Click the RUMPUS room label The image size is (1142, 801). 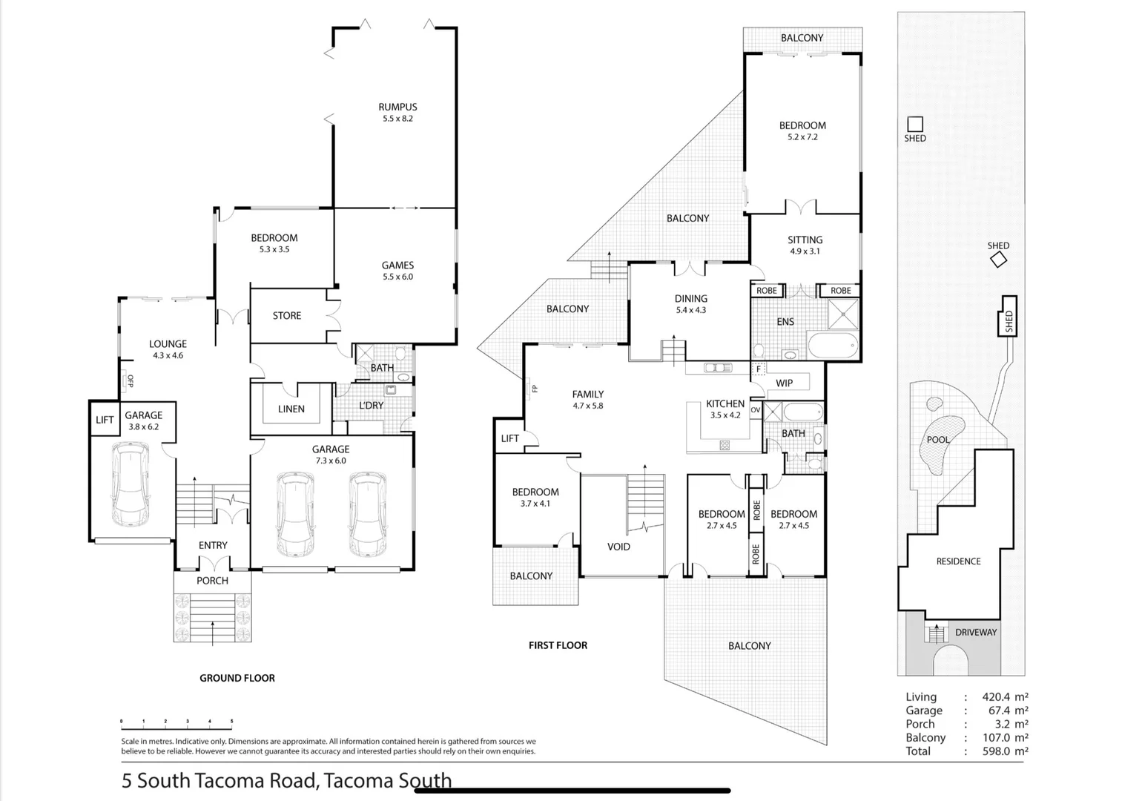397,107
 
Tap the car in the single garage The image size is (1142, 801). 131,484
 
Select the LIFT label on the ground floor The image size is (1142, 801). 105,420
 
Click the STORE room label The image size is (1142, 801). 286,316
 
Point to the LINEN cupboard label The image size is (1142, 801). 291,409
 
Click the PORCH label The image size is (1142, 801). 212,581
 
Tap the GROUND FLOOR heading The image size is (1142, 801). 237,678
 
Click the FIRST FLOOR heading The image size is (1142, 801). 558,645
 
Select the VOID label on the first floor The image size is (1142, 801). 618,547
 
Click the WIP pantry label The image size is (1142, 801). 784,383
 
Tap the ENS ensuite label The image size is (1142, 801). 785,322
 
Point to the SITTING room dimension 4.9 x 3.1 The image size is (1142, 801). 805,251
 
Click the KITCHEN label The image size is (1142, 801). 725,403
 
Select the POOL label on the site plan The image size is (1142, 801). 937,440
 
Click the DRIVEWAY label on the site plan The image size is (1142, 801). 975,633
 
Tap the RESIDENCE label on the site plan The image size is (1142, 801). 958,561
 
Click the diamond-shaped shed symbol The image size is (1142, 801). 998,260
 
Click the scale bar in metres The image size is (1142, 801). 176,721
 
